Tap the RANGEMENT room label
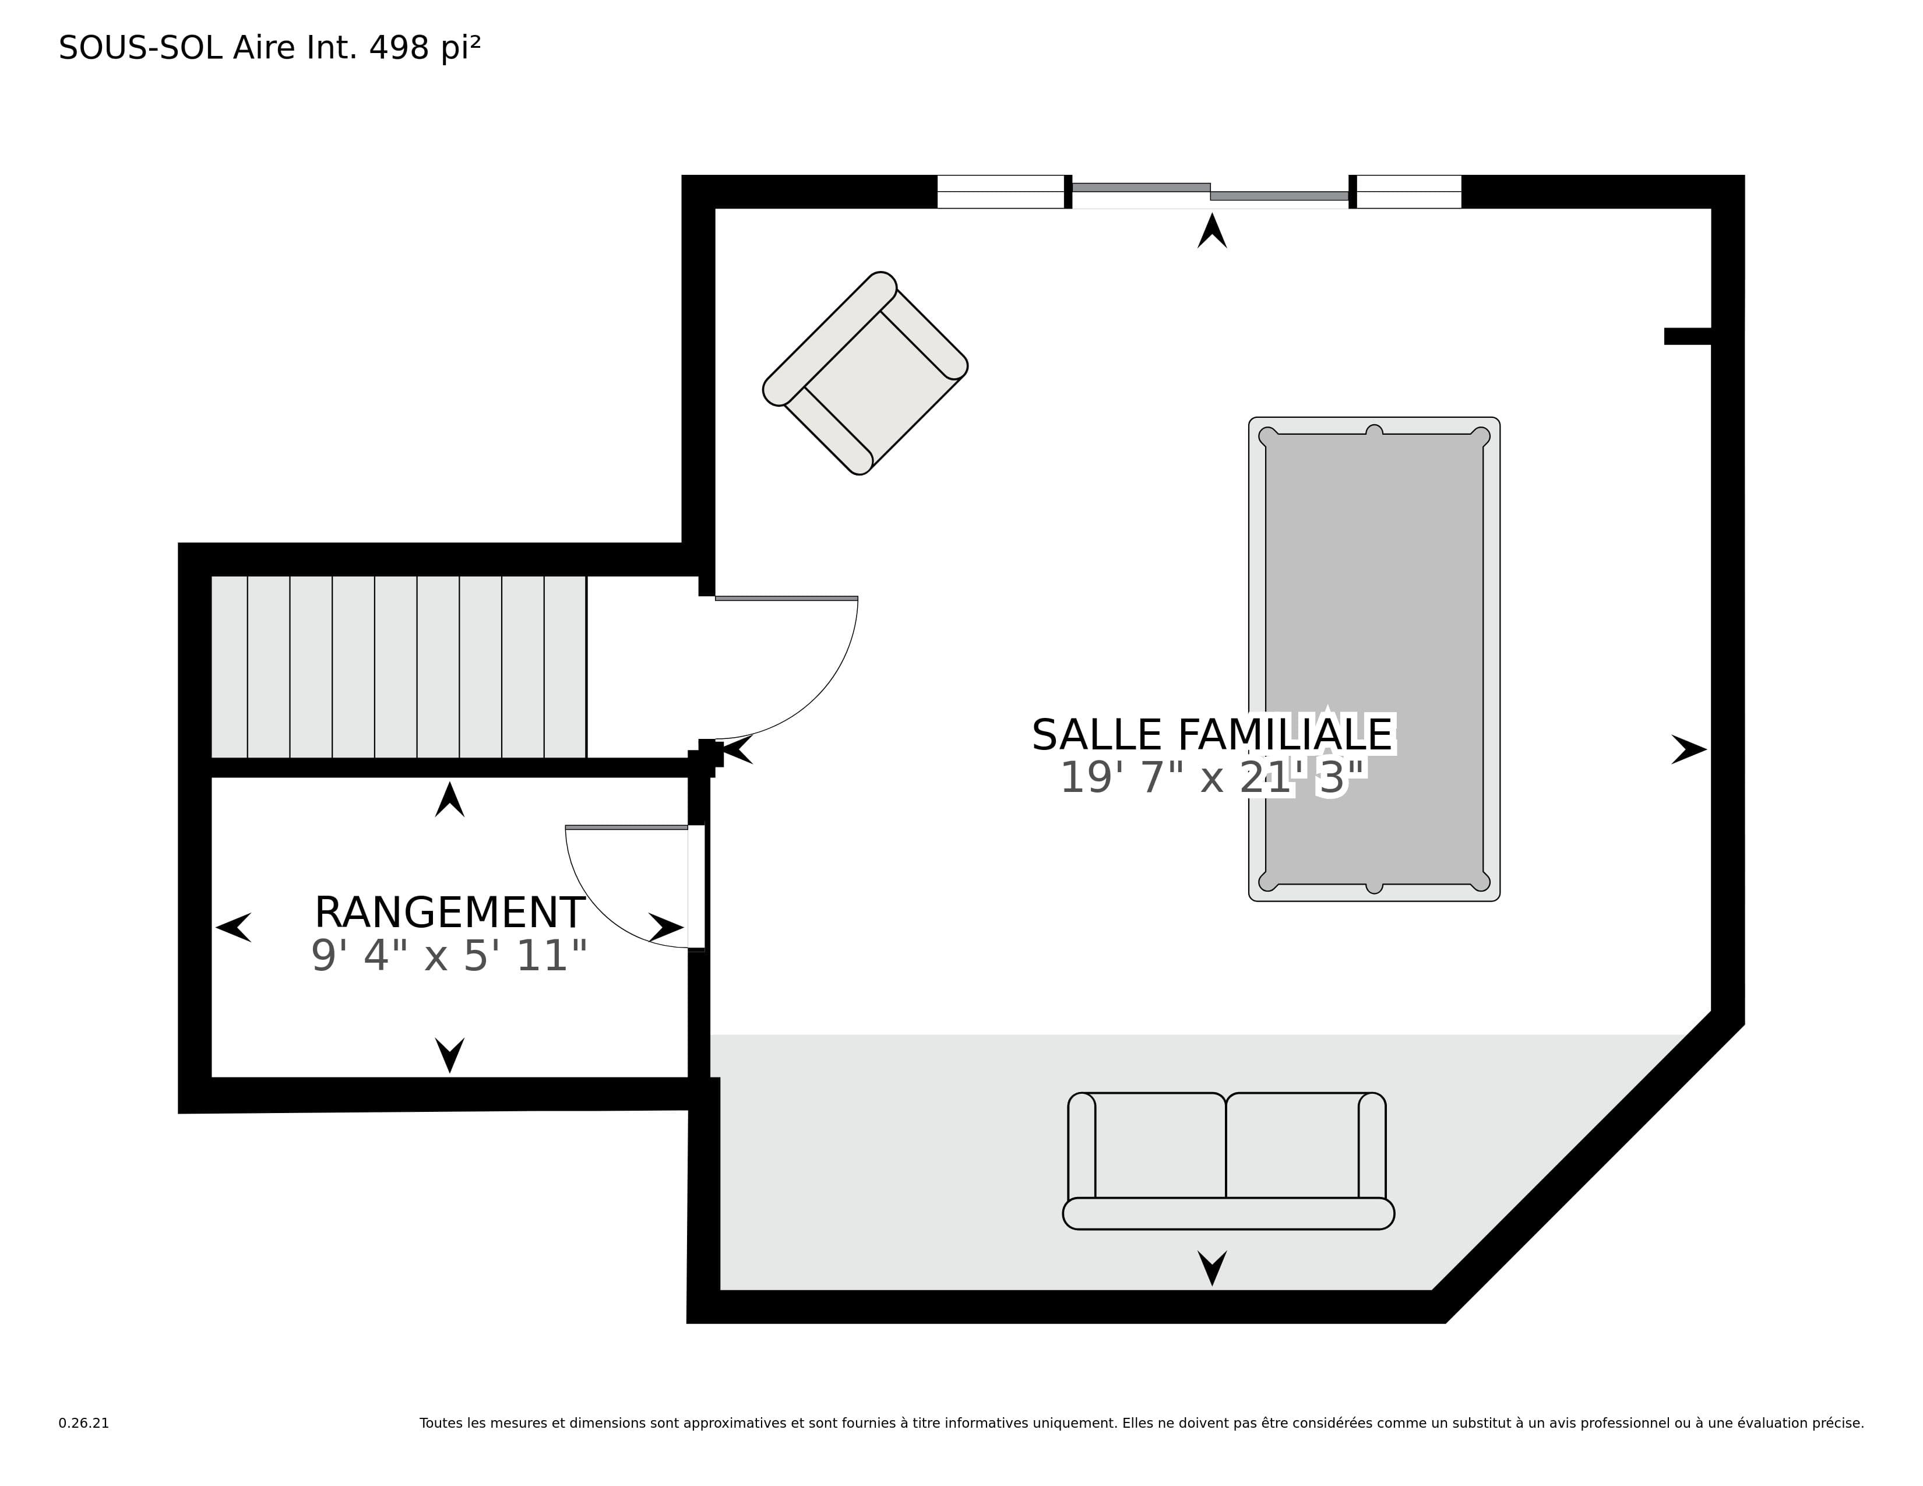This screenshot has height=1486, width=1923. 449,913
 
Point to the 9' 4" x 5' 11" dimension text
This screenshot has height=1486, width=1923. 449,956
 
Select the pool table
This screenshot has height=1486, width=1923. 1373,659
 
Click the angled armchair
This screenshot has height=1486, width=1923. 865,374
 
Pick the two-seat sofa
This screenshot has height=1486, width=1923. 1228,1160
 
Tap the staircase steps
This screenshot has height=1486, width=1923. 399,667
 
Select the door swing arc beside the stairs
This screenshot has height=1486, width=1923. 815,695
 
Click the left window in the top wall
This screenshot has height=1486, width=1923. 1000,192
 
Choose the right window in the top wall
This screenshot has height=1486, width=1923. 1409,192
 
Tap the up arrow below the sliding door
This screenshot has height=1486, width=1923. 1211,231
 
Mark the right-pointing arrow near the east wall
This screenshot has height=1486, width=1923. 1689,749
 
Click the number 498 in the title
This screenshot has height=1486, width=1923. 399,48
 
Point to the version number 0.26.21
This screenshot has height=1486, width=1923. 84,1422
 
